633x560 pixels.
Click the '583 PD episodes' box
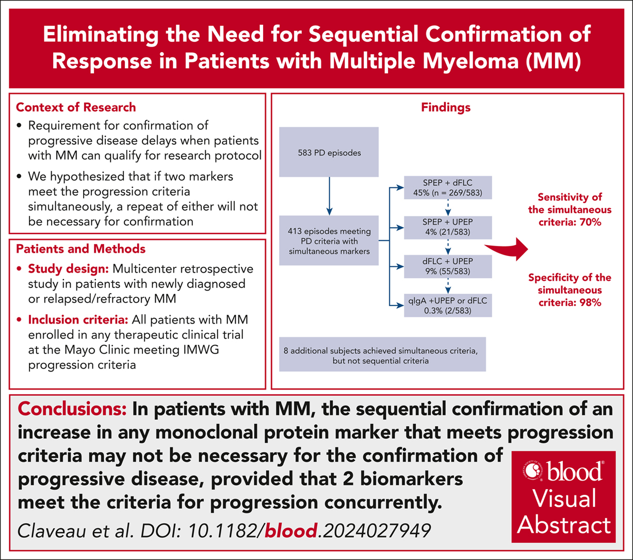329,152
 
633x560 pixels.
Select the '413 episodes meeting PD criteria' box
329,241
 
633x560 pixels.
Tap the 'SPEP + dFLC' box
448,187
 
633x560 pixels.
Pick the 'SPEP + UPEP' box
448,227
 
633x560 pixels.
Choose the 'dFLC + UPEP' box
448,266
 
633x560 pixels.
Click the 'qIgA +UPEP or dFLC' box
448,306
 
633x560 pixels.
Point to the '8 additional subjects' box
382,354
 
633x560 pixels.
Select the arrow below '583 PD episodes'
329,196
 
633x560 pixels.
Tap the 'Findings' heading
446,107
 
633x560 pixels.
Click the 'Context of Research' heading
76,107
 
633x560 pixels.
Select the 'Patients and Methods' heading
80,249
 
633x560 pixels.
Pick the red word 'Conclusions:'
72,409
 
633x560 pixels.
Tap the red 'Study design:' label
69,269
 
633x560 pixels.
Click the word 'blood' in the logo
574,472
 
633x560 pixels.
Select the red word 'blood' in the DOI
291,531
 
